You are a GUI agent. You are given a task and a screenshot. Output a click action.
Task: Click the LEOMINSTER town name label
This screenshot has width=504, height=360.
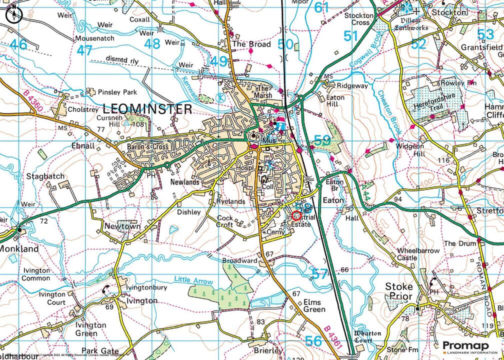147,108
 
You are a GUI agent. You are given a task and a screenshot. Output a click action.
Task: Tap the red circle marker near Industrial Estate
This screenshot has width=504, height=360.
296,216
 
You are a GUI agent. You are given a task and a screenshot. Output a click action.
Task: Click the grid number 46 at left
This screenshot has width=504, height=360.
18,44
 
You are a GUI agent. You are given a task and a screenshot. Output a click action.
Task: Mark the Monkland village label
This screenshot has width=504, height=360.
19,248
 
